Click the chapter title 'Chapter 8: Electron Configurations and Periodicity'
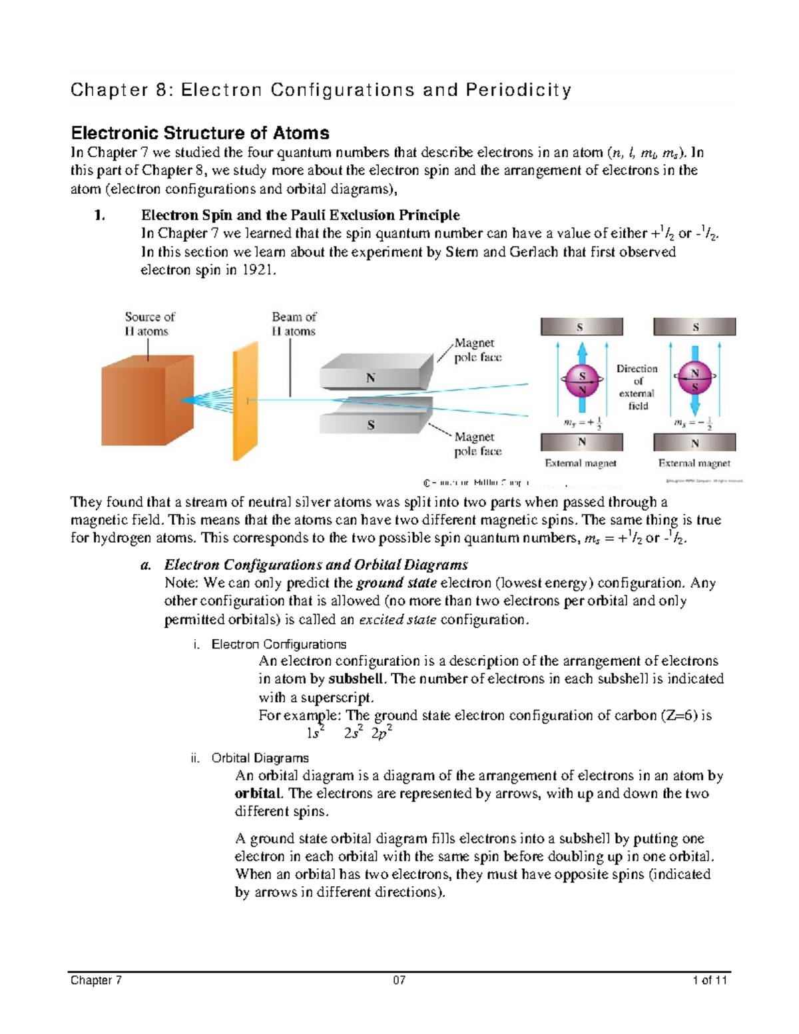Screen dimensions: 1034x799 click(x=320, y=90)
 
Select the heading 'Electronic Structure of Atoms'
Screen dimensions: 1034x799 click(x=200, y=132)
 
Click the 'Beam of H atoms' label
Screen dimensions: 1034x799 click(x=294, y=324)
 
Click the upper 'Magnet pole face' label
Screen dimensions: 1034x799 click(x=477, y=350)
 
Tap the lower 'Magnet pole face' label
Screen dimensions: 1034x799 click(x=477, y=444)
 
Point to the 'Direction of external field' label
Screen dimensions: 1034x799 click(x=637, y=387)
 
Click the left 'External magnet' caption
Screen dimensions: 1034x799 click(x=581, y=463)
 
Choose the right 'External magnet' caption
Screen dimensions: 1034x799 click(x=694, y=463)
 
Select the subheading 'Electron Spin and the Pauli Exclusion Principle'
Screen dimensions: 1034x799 click(x=300, y=215)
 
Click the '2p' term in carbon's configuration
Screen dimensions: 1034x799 click(x=381, y=733)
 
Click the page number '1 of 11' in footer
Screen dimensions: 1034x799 click(x=710, y=980)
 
